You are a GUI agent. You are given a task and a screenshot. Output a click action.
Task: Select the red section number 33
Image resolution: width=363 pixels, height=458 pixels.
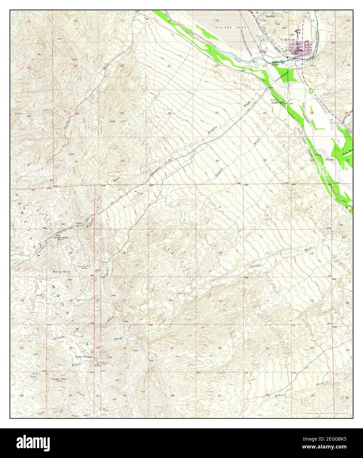169,160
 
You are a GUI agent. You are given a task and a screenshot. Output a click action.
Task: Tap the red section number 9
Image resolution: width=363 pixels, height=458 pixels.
172,253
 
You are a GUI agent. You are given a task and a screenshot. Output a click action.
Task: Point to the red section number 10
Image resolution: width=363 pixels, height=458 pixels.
220,253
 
